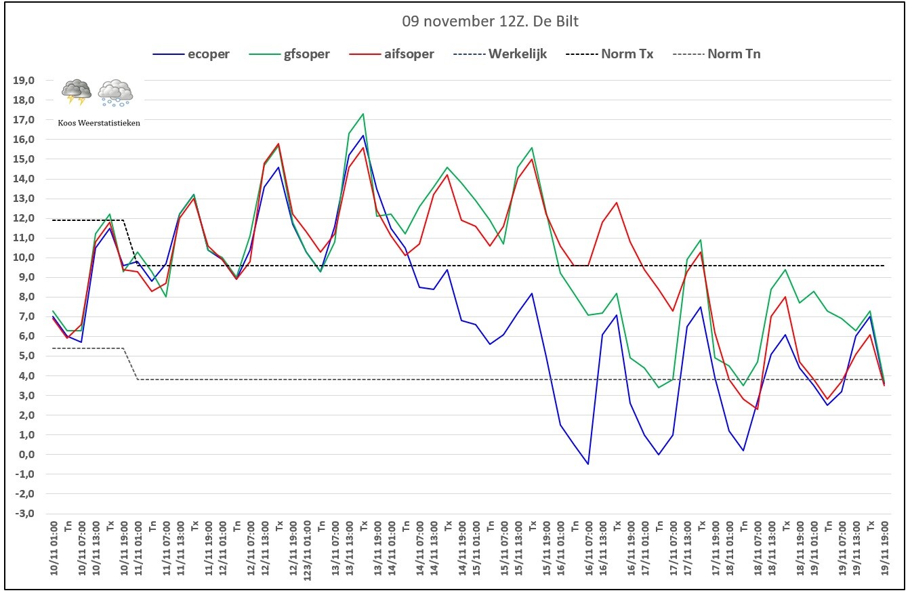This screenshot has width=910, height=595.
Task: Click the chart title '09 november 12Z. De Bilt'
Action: [x=490, y=21]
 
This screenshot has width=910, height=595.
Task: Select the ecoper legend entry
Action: [x=191, y=54]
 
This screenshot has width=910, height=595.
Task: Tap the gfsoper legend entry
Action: [x=289, y=54]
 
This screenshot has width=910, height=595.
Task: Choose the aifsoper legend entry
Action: [x=392, y=54]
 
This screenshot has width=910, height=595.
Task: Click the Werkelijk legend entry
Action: [x=500, y=54]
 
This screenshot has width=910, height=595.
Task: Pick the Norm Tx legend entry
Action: [x=609, y=54]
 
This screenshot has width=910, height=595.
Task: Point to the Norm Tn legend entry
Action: [x=717, y=54]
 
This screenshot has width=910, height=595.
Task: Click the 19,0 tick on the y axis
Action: [x=24, y=80]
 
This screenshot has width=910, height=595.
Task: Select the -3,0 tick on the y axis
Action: [x=25, y=513]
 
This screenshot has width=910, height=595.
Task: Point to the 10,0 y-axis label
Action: [x=24, y=258]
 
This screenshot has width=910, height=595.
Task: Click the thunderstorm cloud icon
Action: [x=77, y=92]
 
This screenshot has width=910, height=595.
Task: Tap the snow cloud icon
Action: [x=115, y=93]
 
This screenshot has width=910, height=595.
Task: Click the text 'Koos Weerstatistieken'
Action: [x=99, y=123]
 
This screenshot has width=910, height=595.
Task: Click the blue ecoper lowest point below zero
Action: [x=588, y=464]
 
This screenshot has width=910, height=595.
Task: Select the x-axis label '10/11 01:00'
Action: [x=54, y=548]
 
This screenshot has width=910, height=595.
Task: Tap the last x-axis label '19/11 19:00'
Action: [x=884, y=548]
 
